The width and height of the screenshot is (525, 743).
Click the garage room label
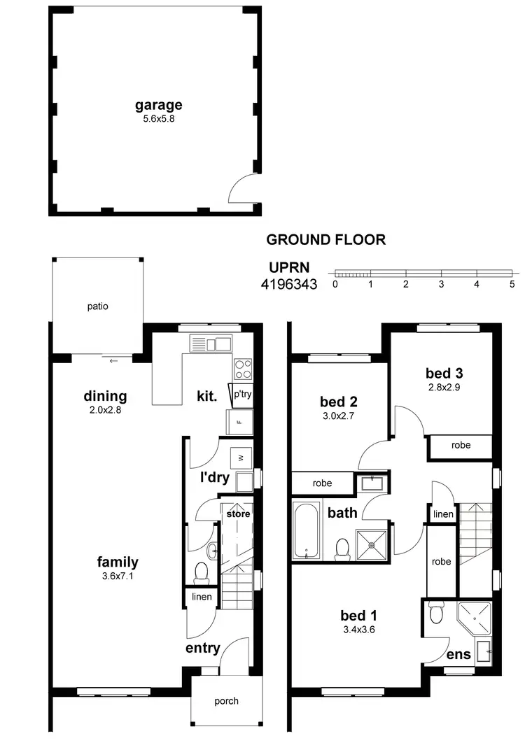(158, 105)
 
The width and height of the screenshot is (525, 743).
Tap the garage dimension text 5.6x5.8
(158, 119)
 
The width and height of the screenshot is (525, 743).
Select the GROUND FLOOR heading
(325, 239)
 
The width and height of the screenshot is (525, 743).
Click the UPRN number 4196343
(289, 285)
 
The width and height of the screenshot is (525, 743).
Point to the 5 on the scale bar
(512, 285)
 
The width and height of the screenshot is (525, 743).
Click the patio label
(97, 306)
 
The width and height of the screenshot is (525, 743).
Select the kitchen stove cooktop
(243, 368)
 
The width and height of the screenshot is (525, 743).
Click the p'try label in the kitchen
(241, 395)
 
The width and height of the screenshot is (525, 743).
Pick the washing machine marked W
(240, 458)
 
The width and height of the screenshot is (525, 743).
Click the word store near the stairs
(237, 514)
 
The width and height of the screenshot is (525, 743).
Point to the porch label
(226, 700)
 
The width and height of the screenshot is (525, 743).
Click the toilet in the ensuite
(435, 612)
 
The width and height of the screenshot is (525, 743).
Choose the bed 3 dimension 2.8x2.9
(444, 386)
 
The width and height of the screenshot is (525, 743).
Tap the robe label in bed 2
(322, 483)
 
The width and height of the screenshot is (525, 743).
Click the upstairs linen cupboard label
(443, 514)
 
